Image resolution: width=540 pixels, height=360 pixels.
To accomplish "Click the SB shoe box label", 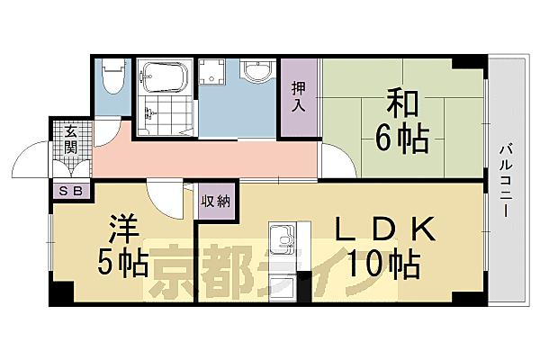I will click(70, 190).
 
